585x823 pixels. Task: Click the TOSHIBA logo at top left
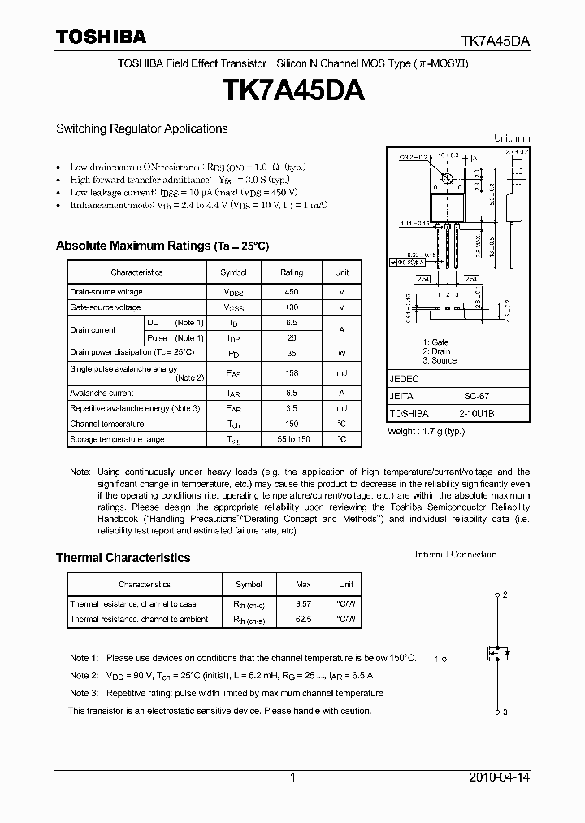[101, 37]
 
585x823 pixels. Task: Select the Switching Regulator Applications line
[141, 128]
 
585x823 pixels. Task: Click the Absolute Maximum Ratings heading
[162, 246]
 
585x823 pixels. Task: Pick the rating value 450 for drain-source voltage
[292, 292]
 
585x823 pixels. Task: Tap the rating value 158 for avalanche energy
[292, 373]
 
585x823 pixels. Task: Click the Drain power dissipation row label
[132, 352]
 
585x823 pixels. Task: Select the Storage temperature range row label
[117, 439]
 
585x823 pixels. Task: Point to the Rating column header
[292, 272]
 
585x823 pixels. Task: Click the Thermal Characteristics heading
[123, 558]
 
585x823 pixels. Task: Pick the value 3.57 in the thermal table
[303, 604]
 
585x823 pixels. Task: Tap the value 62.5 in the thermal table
[303, 620]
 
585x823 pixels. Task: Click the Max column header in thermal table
[303, 584]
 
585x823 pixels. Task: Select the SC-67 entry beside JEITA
[476, 397]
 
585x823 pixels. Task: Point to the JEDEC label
[404, 379]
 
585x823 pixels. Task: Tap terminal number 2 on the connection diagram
[505, 595]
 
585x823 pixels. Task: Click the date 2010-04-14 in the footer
[500, 777]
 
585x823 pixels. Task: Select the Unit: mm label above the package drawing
[512, 138]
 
